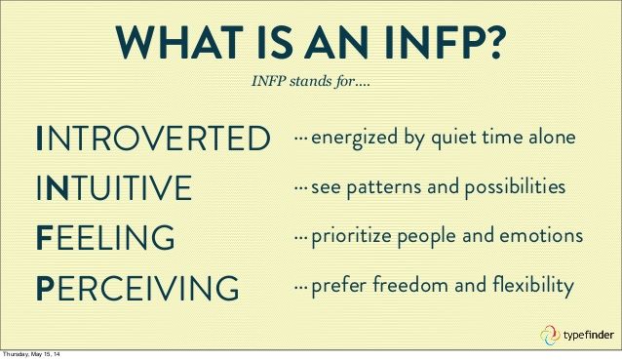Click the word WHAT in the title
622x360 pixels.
pyautogui.click(x=179, y=43)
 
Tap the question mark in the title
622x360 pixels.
pyautogui.click(x=492, y=43)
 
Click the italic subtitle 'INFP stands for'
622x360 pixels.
pyautogui.click(x=310, y=81)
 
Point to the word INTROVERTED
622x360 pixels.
pyautogui.click(x=153, y=139)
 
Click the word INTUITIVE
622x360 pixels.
pyautogui.click(x=114, y=187)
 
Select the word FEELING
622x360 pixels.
pyautogui.click(x=105, y=237)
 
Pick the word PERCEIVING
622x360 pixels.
pyautogui.click(x=137, y=288)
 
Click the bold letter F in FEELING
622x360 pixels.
pyautogui.click(x=44, y=237)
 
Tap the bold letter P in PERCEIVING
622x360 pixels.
pyautogui.click(x=45, y=288)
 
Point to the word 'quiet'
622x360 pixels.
pyautogui.click(x=453, y=139)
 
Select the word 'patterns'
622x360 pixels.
pyautogui.click(x=383, y=187)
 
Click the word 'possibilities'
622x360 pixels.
pyautogui.click(x=515, y=187)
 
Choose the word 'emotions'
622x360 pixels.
pyautogui.click(x=541, y=236)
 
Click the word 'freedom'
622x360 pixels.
pyautogui.click(x=410, y=285)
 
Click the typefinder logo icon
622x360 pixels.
pyautogui.click(x=550, y=335)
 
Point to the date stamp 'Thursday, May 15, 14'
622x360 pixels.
pyautogui.click(x=31, y=354)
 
